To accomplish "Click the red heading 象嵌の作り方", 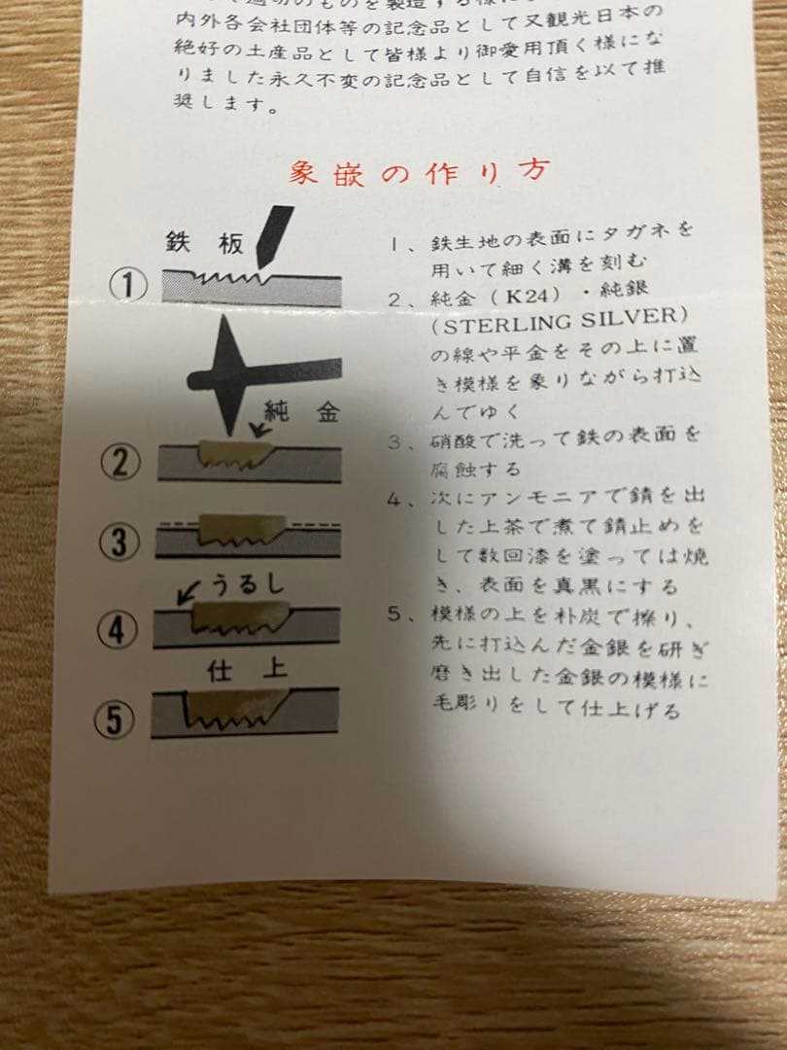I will pos(418,173).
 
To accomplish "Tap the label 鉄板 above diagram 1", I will pos(204,244).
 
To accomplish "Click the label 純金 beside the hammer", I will pos(302,411).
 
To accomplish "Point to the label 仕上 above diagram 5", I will pos(247,672).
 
